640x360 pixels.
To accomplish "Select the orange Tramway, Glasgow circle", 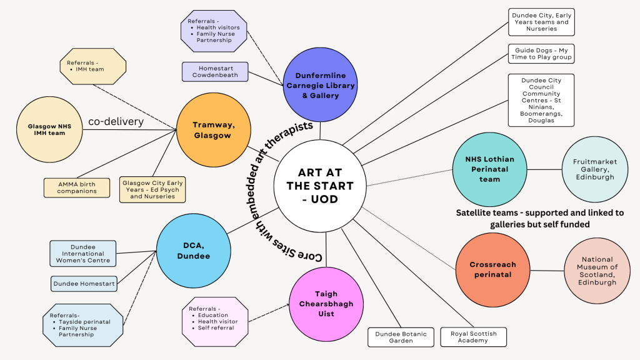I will (213, 130).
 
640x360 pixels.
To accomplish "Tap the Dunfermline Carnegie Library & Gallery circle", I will (321, 85).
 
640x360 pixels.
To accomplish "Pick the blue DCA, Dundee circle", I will (193, 251).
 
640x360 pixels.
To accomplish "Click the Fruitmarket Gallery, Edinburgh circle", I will (594, 169).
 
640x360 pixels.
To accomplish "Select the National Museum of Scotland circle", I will (597, 271).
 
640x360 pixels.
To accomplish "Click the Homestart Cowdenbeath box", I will (215, 71).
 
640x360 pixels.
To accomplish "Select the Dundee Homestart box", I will (84, 284).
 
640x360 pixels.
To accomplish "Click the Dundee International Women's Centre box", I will (83, 254).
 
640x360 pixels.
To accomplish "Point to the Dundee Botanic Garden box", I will (401, 337).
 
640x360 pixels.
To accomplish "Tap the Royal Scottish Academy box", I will (474, 337).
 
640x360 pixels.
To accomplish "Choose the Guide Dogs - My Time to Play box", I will (541, 53).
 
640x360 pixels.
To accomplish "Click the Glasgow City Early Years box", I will (153, 189).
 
